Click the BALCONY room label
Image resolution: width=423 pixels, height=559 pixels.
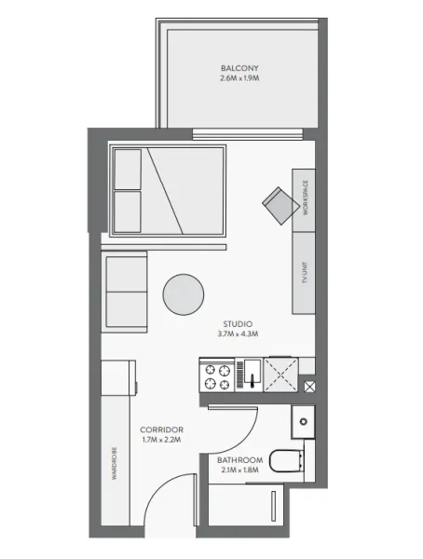[239, 68]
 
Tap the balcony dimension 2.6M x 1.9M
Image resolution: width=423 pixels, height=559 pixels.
[239, 79]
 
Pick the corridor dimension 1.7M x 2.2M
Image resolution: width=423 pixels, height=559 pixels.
[163, 439]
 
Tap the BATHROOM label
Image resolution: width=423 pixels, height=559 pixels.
[239, 460]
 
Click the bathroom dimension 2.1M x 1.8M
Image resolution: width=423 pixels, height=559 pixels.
[239, 471]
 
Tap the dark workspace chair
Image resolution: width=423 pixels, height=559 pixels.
[279, 204]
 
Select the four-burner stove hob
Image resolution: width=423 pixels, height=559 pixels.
[218, 376]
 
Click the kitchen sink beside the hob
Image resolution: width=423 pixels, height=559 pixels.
[249, 376]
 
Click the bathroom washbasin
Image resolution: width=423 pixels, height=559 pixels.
[302, 422]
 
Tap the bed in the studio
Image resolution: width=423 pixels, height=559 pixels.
[169, 190]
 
